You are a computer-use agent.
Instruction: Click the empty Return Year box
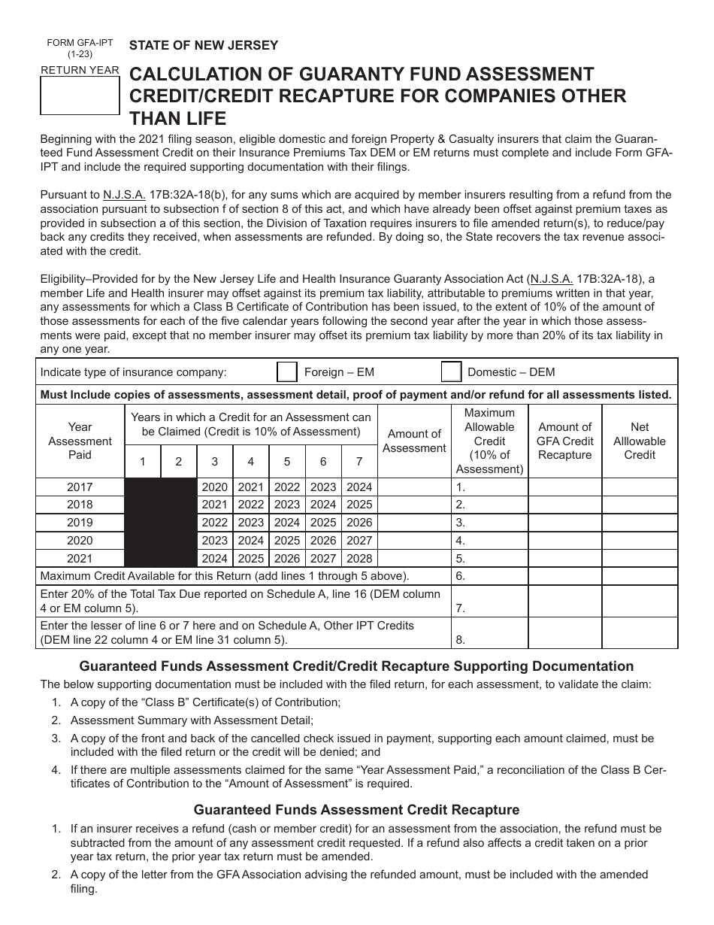pos(79,96)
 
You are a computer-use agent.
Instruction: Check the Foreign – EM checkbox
pos(286,372)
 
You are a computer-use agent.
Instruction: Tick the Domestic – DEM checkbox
pos(451,372)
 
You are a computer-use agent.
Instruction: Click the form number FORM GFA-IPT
pos(80,43)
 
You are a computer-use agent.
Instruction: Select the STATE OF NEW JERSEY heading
pos(204,45)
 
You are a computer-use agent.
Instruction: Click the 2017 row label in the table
pos(80,487)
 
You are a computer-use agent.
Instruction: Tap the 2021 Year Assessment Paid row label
pos(80,559)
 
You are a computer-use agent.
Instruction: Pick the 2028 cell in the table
pos(359,559)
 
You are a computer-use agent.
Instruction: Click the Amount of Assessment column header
pos(414,441)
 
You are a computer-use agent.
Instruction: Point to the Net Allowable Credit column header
pos(640,441)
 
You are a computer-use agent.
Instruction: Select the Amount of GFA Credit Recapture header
pos(565,441)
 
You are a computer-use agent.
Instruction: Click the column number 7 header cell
pos(359,462)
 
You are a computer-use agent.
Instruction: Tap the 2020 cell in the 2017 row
pos(215,487)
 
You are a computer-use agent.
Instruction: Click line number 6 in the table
pos(461,577)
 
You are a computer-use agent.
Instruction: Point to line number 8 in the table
pos(461,640)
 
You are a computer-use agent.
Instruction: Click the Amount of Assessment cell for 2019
pos(414,523)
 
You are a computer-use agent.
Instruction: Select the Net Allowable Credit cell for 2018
pos(640,505)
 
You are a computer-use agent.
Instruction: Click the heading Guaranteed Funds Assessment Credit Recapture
pos(357,810)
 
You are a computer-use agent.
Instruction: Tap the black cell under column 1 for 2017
pos(143,487)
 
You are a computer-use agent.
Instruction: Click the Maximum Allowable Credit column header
pos(489,441)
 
